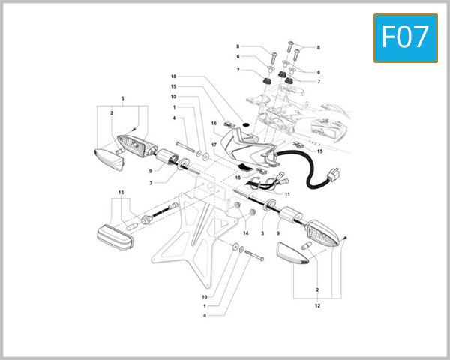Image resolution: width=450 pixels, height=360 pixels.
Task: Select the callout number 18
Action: pos(173,76)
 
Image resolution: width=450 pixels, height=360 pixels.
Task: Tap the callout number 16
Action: pos(214,123)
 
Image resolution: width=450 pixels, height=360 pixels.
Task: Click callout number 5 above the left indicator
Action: pos(123,99)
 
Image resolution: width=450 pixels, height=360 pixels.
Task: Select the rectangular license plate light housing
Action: pos(117,235)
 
